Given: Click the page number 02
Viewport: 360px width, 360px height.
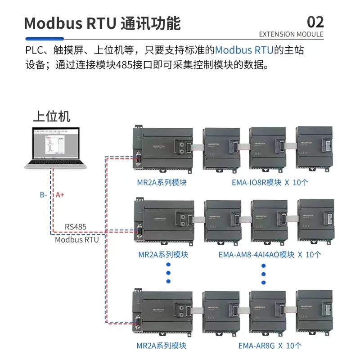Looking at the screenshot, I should coord(315,22).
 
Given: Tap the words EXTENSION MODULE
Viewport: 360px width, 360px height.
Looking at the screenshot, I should coord(291,34).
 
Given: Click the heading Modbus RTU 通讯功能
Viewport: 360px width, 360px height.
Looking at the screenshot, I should coord(102,23).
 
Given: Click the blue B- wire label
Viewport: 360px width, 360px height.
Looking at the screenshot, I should coord(44,195).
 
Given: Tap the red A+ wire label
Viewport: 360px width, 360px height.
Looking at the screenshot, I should coord(60,195).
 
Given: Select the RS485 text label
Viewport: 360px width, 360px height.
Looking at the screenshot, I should coord(76,227).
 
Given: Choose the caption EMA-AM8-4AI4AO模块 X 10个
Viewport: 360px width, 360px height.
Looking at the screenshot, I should coord(270,255).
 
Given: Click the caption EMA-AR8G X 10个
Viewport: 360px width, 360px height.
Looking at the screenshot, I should coord(270,346).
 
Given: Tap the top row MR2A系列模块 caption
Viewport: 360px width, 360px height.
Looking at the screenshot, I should coord(162,183).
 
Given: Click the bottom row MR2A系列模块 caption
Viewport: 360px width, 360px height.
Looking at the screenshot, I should coord(162,346).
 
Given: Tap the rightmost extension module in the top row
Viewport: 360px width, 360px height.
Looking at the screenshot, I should coord(314,148).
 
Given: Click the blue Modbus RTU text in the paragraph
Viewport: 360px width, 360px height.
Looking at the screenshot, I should coord(244,49).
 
